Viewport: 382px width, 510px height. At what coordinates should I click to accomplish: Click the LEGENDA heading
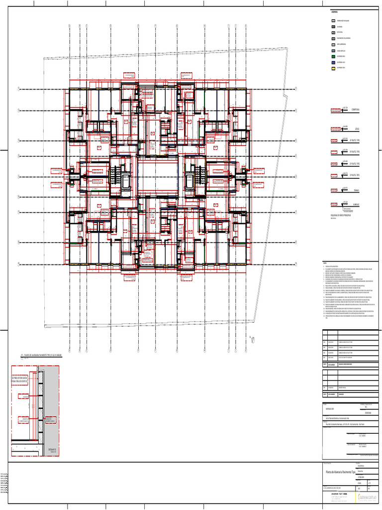pyautogui.click(x=334, y=11)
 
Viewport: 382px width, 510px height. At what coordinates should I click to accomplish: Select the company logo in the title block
pyautogui.click(x=369, y=497)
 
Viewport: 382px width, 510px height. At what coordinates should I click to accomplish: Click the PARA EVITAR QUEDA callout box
pyautogui.click(x=23, y=380)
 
